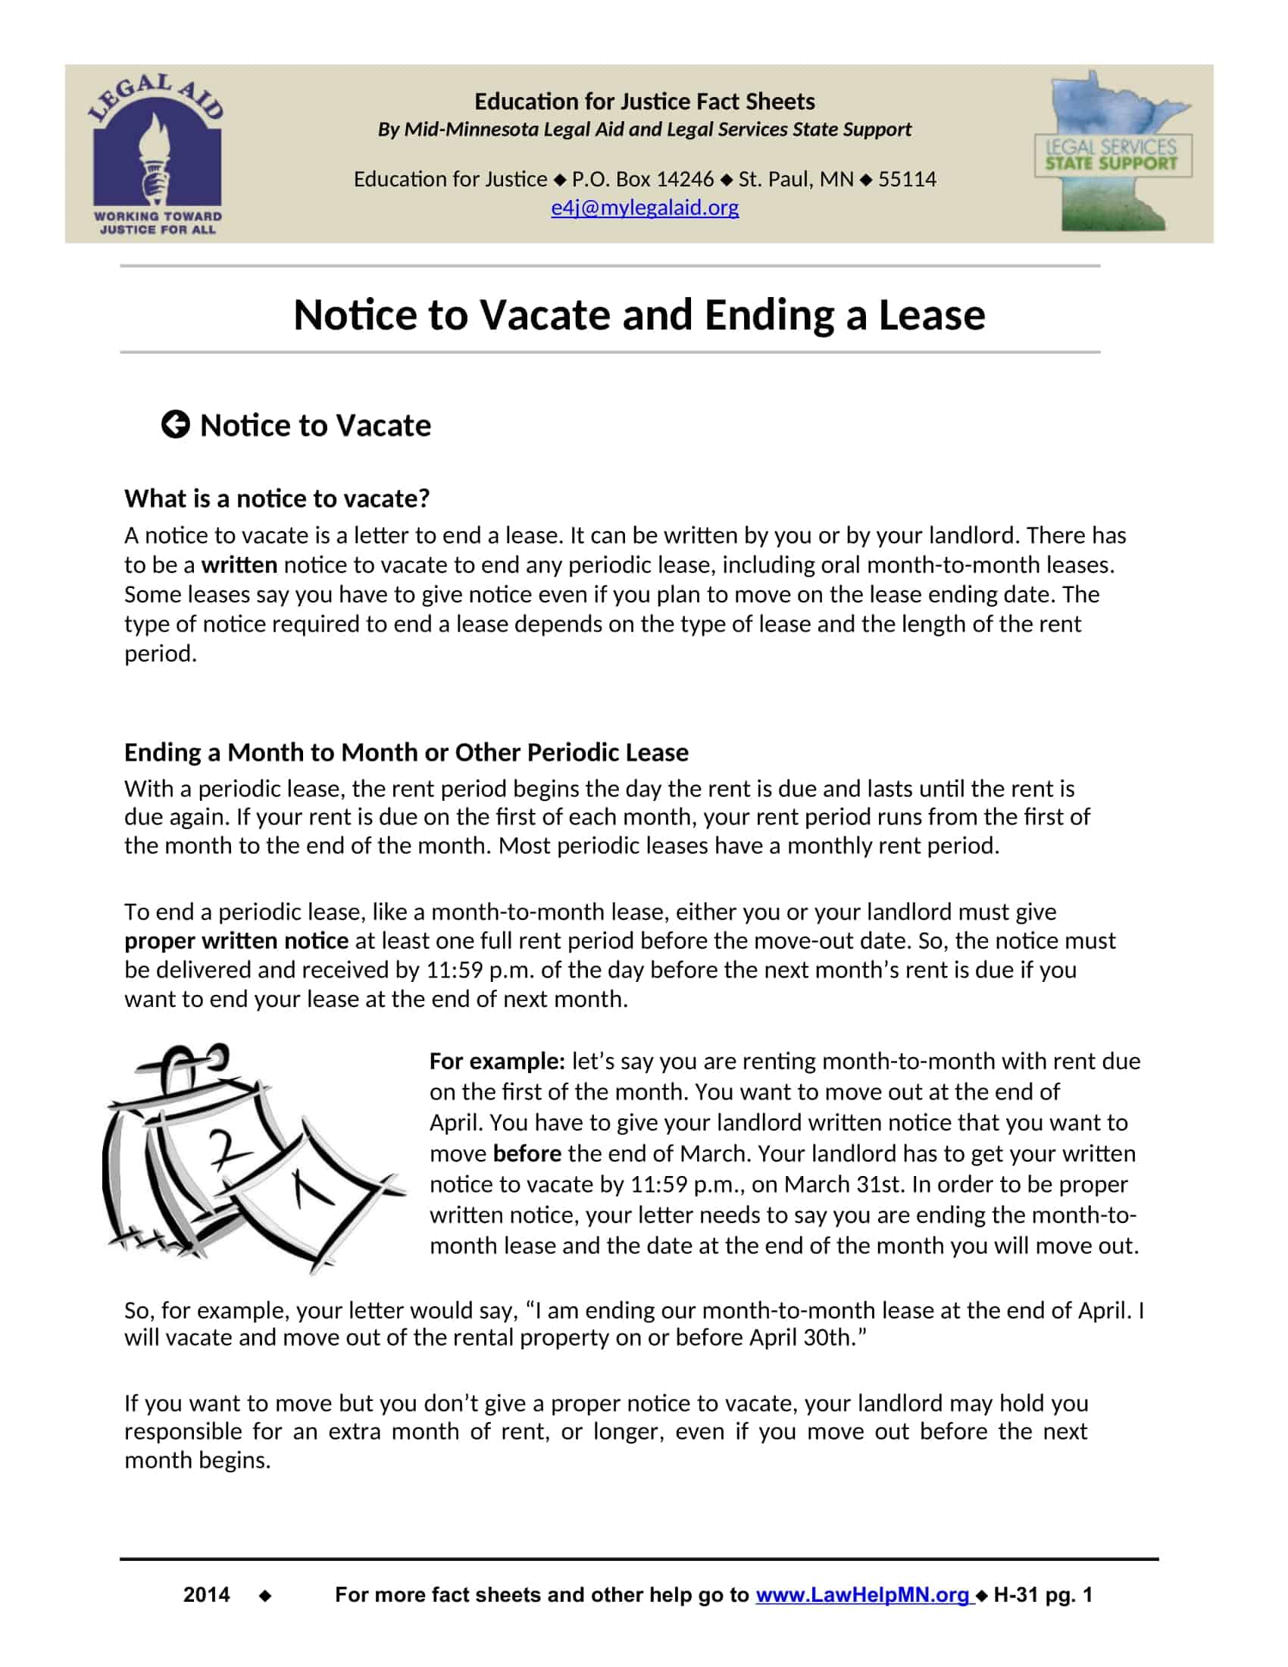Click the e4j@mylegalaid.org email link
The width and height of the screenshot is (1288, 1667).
pos(645,208)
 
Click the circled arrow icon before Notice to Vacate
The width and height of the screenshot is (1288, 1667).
pos(176,424)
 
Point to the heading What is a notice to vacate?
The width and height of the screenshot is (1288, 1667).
pos(277,499)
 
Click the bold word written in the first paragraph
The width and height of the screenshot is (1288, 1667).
pos(239,565)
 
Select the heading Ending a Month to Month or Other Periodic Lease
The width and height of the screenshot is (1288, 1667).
pos(406,752)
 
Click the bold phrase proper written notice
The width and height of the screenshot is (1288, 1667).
pos(236,940)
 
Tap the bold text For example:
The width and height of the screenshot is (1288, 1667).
pos(497,1061)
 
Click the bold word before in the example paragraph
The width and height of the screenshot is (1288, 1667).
pos(527,1153)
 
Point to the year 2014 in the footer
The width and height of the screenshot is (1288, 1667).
pos(206,1594)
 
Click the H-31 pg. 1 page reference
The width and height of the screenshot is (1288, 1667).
pos(1043,1594)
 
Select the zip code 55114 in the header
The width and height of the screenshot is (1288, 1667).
pos(906,180)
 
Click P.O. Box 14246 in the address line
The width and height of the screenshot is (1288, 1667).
pos(642,180)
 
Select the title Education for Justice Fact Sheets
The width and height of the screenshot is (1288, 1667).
pos(645,102)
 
